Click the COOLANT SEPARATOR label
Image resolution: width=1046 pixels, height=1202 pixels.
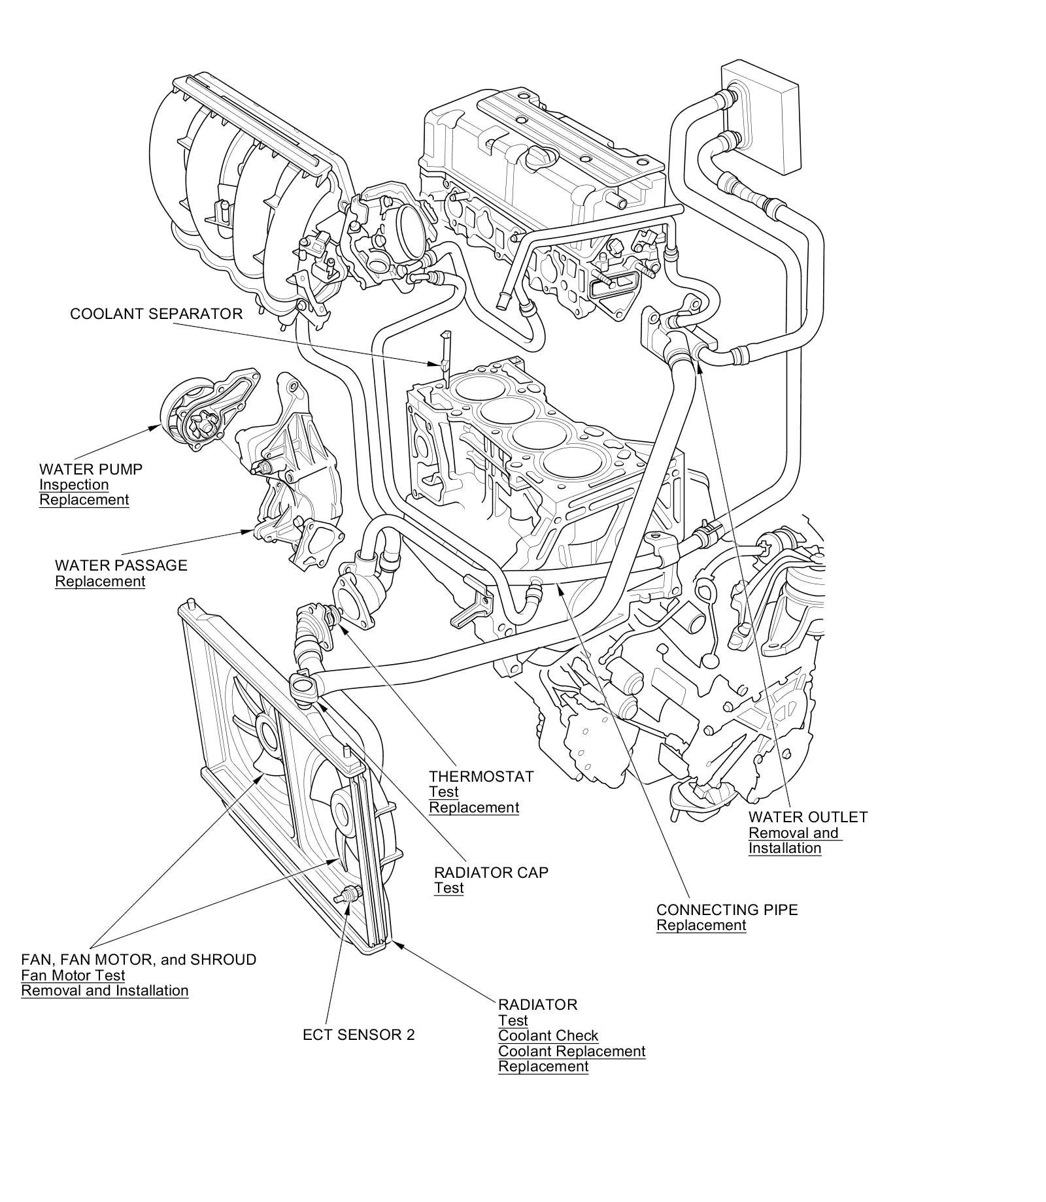click(x=156, y=314)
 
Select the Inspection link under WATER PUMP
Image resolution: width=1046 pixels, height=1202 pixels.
click(x=74, y=485)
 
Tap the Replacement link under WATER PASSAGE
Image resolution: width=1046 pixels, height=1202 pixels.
click(x=100, y=582)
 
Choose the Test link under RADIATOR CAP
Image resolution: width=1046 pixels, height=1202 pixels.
click(x=448, y=888)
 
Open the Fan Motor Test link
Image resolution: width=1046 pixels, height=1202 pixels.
click(x=73, y=976)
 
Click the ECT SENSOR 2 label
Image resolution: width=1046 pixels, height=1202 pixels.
click(x=359, y=1035)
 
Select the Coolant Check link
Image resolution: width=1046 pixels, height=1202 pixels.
click(x=548, y=1036)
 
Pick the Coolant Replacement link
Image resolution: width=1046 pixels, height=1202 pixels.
click(x=572, y=1052)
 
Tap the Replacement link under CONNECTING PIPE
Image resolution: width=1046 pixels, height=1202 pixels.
click(x=701, y=926)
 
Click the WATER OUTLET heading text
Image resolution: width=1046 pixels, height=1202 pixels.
click(x=808, y=817)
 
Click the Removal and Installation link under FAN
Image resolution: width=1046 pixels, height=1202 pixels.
click(x=105, y=991)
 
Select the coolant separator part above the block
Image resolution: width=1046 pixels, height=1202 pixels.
click(x=445, y=356)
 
